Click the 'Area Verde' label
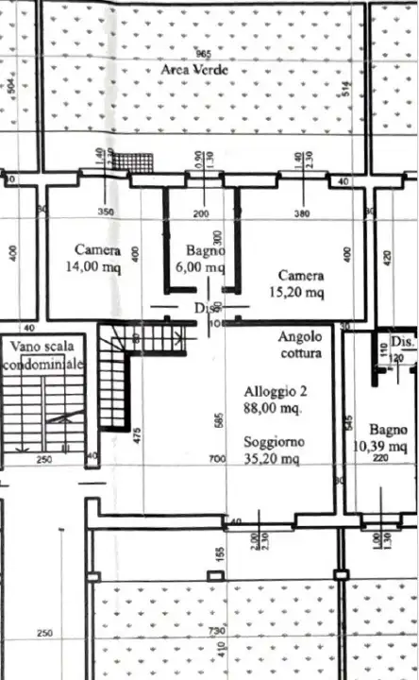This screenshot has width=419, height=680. [x=196, y=72]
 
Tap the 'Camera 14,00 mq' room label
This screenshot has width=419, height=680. [x=98, y=259]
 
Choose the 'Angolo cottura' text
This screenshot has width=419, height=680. [x=300, y=345]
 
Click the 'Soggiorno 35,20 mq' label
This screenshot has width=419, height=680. [x=272, y=450]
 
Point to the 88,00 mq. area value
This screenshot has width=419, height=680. [x=272, y=409]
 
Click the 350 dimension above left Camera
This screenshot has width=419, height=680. [x=106, y=212]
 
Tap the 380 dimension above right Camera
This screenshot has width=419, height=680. [x=301, y=213]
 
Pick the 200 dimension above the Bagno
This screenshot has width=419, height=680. [x=201, y=213]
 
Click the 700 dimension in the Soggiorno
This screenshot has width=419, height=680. [x=217, y=460]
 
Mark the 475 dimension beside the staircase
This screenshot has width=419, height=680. [x=138, y=435]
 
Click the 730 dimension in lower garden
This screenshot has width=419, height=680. [x=216, y=630]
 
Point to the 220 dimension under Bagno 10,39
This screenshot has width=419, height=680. [x=381, y=459]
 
